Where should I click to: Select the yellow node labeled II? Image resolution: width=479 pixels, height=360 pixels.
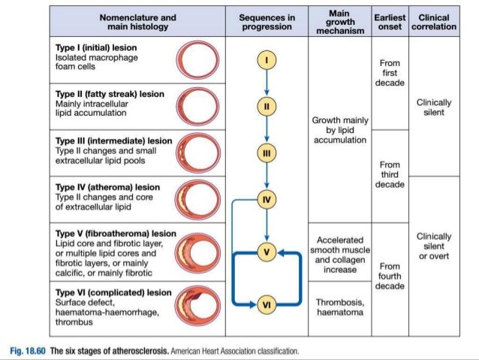pyautogui.click(x=267, y=107)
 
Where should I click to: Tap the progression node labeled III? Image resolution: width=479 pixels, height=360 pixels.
pyautogui.click(x=267, y=153)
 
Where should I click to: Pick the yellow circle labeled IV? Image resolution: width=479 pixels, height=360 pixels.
pyautogui.click(x=267, y=199)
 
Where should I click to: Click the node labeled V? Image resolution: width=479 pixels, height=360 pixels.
pyautogui.click(x=267, y=252)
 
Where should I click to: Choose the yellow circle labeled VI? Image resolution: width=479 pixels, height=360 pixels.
pyautogui.click(x=267, y=304)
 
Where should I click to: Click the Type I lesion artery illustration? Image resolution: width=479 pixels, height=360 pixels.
pyautogui.click(x=197, y=59)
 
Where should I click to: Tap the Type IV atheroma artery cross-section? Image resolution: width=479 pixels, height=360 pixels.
pyautogui.click(x=197, y=198)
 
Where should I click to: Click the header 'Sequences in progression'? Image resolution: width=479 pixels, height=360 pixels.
pyautogui.click(x=267, y=21)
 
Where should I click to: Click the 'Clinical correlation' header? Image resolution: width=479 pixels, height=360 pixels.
pyautogui.click(x=433, y=21)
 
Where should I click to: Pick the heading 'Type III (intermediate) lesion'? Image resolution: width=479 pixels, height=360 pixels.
pyautogui.click(x=113, y=141)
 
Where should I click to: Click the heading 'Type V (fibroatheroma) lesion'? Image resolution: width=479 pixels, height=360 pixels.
pyautogui.click(x=116, y=233)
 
